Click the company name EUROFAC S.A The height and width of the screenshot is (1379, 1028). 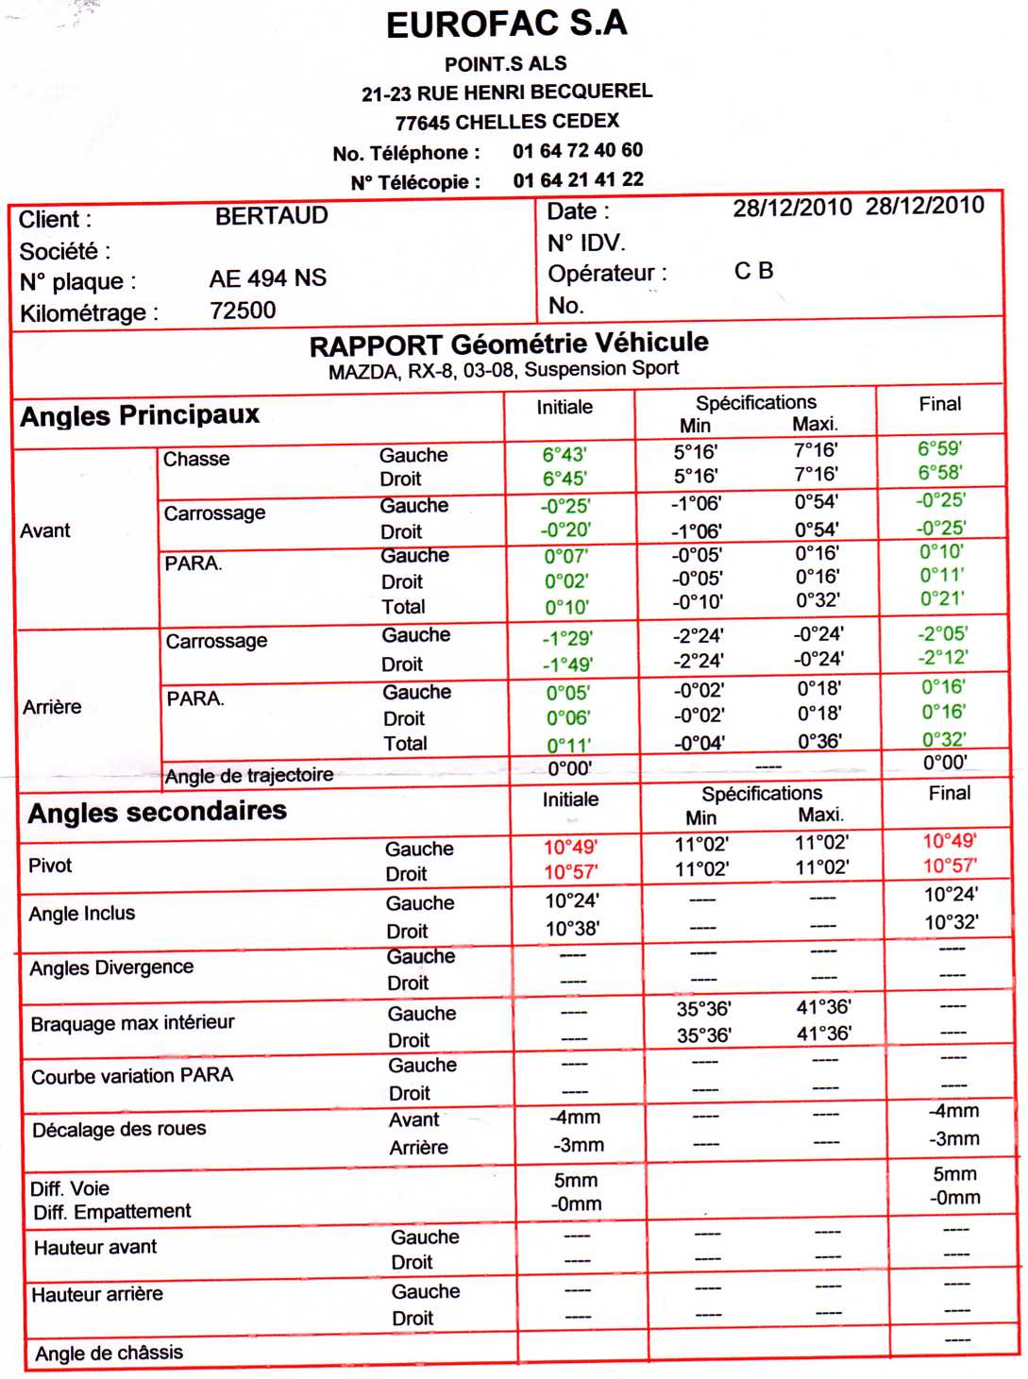(x=507, y=25)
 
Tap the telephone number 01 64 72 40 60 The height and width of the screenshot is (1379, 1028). (x=578, y=150)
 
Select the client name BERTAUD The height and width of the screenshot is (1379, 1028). (x=272, y=216)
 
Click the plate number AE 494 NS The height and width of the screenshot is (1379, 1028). (x=268, y=278)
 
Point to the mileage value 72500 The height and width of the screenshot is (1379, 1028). (x=243, y=311)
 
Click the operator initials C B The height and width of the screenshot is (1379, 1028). (x=753, y=271)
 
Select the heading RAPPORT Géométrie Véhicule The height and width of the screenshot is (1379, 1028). (x=509, y=344)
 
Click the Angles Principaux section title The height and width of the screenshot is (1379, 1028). (x=140, y=415)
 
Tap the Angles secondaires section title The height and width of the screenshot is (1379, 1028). (x=157, y=812)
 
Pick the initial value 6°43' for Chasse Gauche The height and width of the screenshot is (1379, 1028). (x=565, y=454)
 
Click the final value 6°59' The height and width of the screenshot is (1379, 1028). (x=940, y=448)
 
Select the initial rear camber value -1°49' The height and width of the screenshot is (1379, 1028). (x=567, y=664)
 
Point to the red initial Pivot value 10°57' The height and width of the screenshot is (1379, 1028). (x=570, y=872)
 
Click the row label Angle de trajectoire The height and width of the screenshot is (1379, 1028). (x=249, y=776)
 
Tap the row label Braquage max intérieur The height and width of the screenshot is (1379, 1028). (x=133, y=1023)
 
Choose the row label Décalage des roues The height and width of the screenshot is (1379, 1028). (x=119, y=1129)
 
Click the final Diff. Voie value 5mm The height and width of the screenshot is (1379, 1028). (x=954, y=1174)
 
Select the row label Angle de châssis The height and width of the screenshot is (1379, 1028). (x=110, y=1353)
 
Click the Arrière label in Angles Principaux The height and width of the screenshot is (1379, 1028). (x=52, y=707)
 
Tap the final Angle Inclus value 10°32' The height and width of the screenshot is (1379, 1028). (x=952, y=922)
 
